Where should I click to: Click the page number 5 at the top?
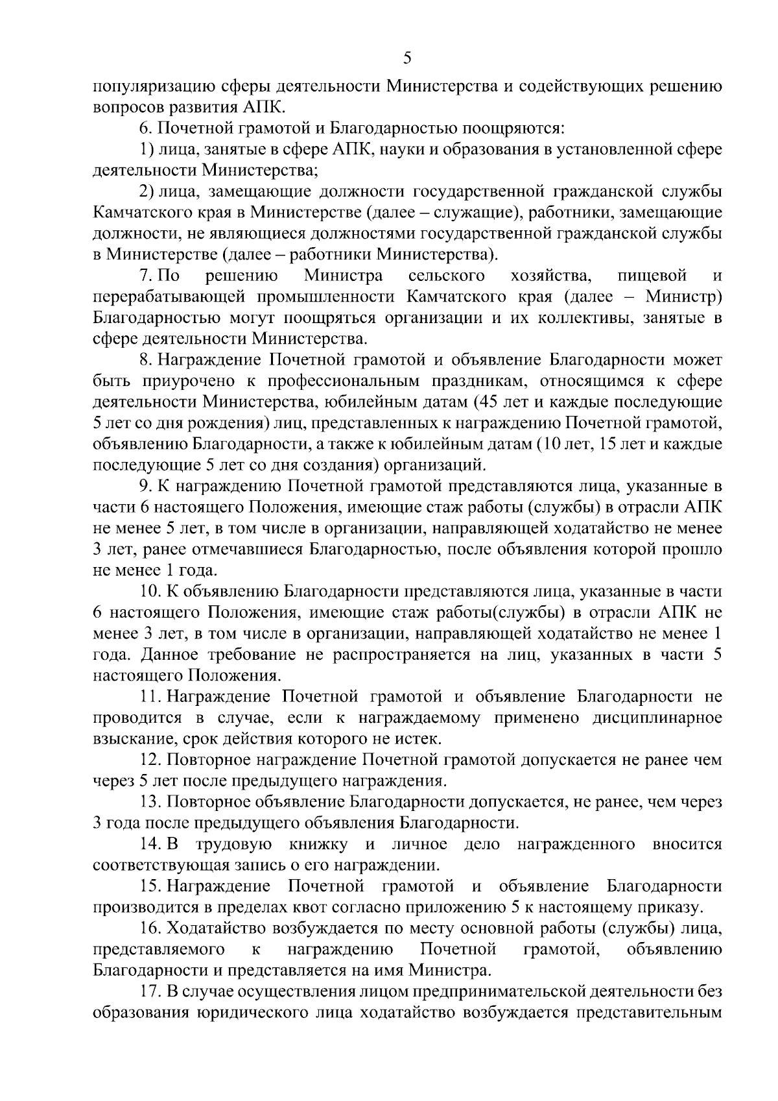click(x=407, y=58)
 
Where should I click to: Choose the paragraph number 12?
click(x=148, y=760)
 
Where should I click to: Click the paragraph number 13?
click(x=148, y=802)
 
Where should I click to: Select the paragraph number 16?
click(x=148, y=928)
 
